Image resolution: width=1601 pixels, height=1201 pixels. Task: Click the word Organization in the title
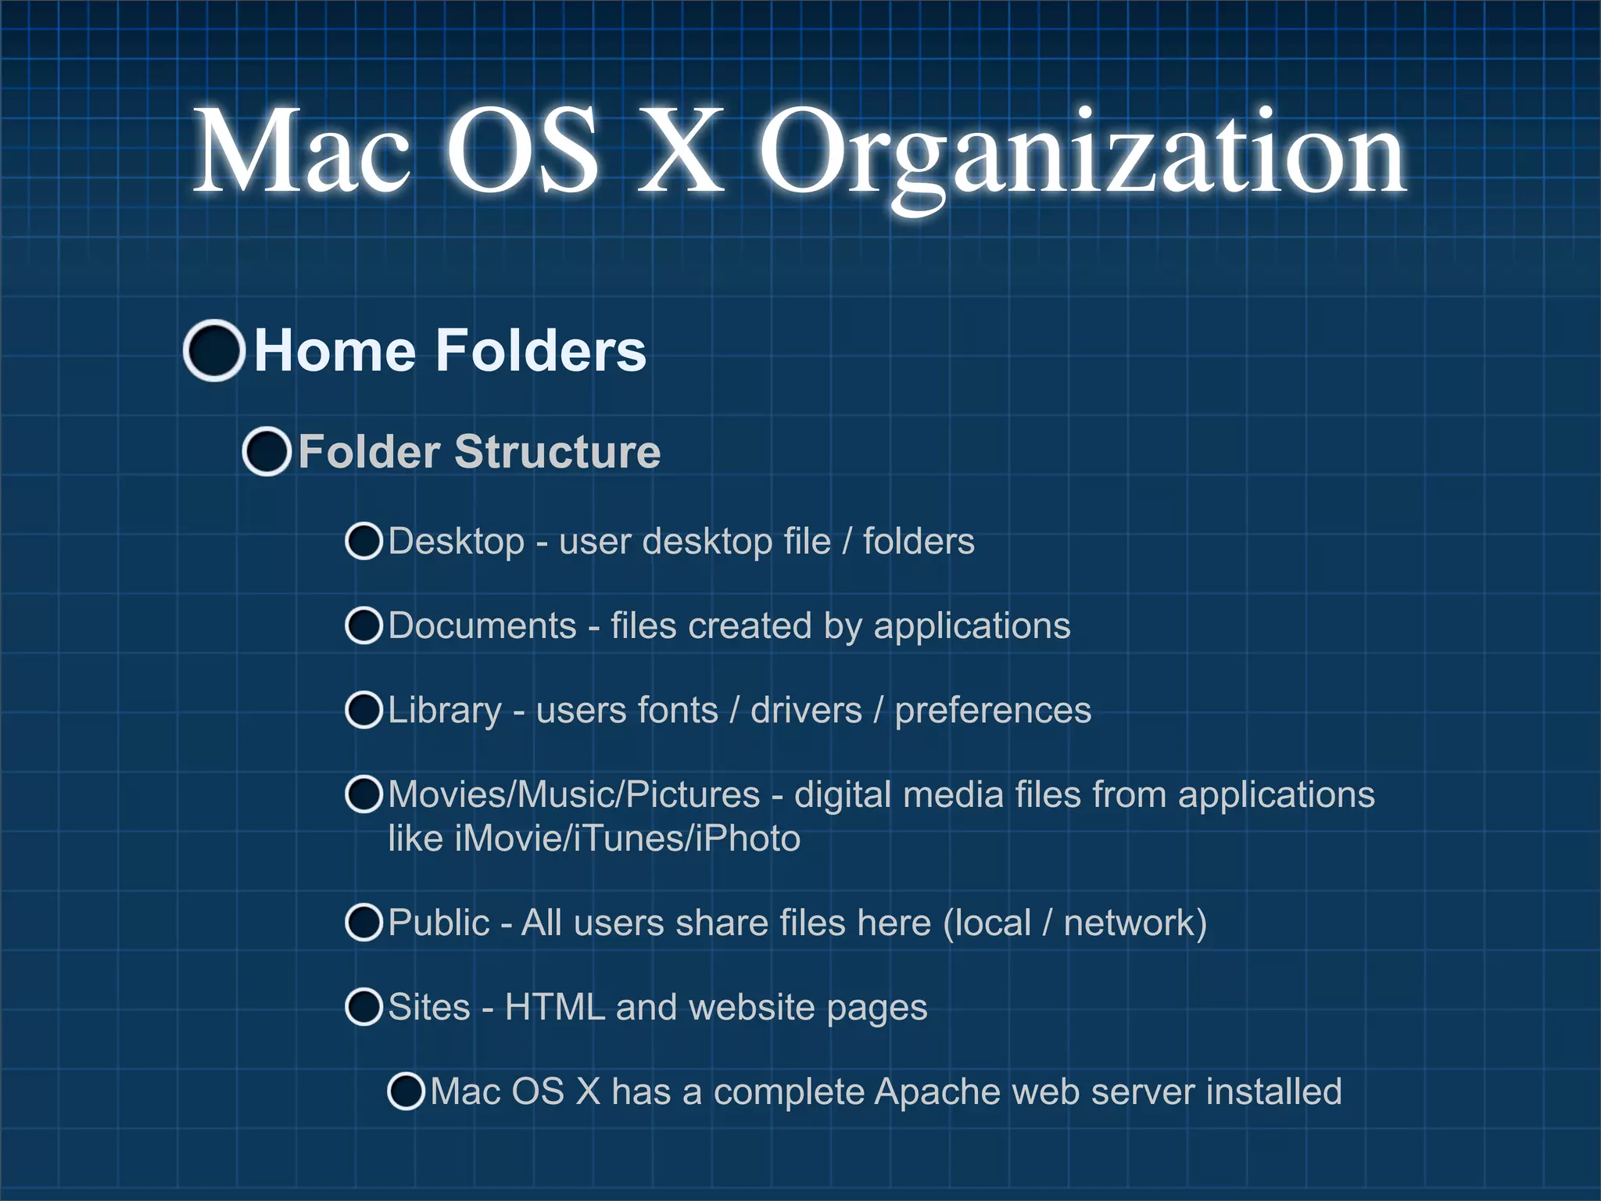1083,152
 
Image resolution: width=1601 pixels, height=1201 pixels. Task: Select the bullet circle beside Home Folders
214,350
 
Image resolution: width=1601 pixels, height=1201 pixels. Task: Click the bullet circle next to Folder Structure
267,452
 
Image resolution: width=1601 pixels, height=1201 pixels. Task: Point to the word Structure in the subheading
557,452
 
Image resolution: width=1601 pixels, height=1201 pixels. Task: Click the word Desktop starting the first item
457,542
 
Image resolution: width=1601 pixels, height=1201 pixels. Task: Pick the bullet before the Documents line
364,626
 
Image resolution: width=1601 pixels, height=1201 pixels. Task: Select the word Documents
482,626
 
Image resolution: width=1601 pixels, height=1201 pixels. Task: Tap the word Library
445,711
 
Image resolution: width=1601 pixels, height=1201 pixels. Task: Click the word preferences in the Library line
993,711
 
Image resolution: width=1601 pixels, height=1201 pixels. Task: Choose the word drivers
806,710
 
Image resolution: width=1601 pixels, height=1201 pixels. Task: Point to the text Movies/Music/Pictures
574,794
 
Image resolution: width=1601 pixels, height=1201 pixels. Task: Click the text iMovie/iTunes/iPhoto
628,839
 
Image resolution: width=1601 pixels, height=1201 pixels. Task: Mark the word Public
439,923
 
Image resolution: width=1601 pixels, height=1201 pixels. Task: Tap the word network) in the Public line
1135,923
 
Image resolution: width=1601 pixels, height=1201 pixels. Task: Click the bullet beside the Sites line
364,1007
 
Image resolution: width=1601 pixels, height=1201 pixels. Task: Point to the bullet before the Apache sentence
407,1092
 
